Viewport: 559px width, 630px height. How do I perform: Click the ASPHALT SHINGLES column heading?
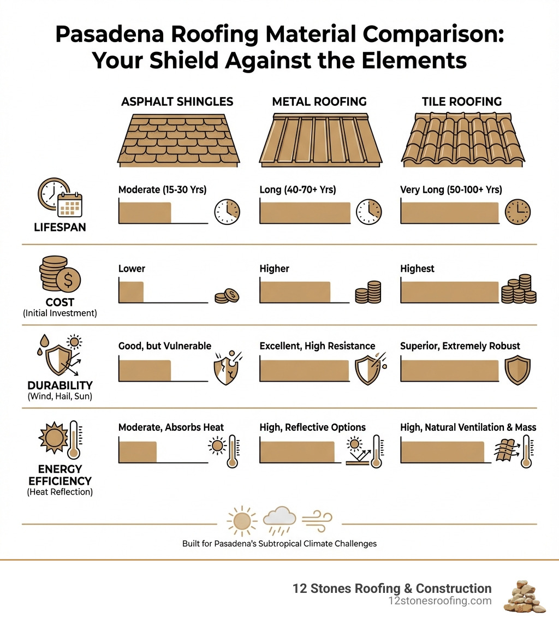click(177, 102)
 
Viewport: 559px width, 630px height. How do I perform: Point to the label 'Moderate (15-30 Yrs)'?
click(162, 190)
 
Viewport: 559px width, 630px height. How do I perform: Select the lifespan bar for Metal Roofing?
click(305, 212)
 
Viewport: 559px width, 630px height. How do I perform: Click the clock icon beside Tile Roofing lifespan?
click(518, 212)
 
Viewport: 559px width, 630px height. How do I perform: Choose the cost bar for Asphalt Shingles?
click(131, 292)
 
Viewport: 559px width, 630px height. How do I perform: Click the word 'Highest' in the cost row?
click(417, 269)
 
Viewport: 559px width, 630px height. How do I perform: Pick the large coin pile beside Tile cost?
click(519, 290)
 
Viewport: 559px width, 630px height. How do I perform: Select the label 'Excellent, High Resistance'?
click(317, 346)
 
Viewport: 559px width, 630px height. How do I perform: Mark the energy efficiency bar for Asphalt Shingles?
click(138, 453)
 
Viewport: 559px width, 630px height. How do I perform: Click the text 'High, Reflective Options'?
click(312, 427)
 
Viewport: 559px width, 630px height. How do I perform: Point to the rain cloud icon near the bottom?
click(279, 522)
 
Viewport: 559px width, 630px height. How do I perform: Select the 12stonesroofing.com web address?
click(439, 601)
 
